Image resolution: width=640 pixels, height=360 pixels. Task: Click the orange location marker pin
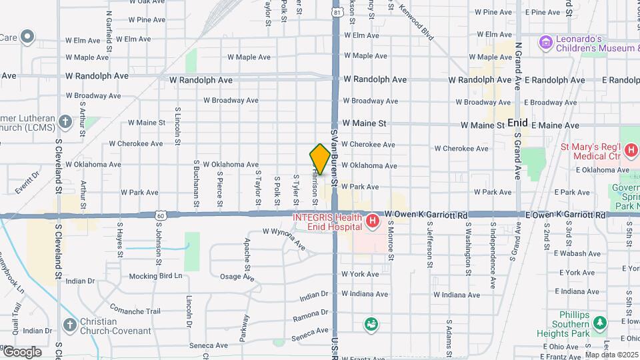(320, 159)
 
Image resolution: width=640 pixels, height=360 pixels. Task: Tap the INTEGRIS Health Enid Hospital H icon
(372, 220)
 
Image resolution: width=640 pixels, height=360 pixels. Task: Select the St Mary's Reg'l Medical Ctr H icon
(631, 151)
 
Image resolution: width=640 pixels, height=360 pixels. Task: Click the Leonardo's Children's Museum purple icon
(547, 43)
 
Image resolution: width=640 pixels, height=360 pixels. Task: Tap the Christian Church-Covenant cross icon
(69, 324)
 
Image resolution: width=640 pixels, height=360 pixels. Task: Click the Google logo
(22, 351)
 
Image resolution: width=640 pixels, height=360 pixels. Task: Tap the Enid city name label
(517, 123)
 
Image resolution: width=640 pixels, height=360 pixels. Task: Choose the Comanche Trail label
(135, 311)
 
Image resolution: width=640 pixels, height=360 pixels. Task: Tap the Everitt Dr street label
(28, 182)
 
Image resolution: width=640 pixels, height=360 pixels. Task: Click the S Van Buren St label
(335, 161)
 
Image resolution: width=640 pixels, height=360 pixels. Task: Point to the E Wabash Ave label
(579, 253)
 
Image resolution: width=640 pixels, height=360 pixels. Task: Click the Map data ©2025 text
(611, 355)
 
